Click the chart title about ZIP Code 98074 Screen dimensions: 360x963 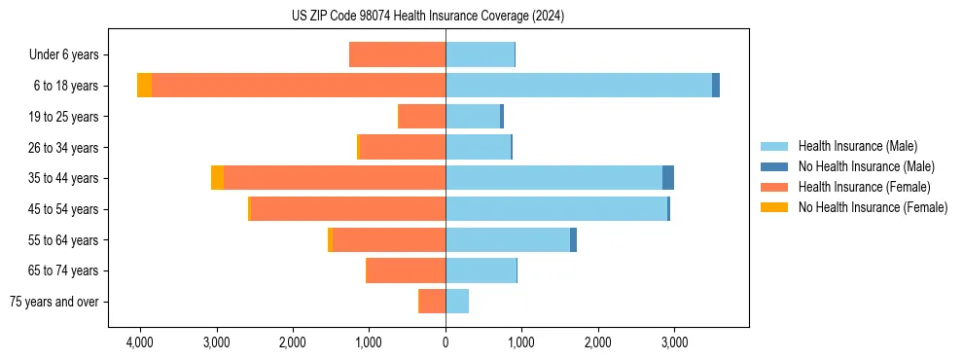[x=427, y=17]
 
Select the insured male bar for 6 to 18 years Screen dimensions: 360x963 [x=579, y=86]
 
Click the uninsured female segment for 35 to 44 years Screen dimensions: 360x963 [x=217, y=178]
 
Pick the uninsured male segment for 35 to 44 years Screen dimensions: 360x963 [x=668, y=178]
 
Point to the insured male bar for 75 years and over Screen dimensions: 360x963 [x=457, y=302]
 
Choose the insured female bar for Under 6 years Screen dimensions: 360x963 [x=397, y=54]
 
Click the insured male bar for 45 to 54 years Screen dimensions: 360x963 [x=556, y=209]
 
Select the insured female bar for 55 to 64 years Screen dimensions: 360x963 [x=389, y=240]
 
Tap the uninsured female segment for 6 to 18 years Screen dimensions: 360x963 [x=144, y=86]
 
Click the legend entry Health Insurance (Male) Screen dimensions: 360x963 [x=857, y=146]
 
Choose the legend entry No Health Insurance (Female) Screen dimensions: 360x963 [x=873, y=207]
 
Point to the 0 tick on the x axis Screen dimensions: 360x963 [x=446, y=342]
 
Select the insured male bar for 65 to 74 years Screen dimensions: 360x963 [x=481, y=270]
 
